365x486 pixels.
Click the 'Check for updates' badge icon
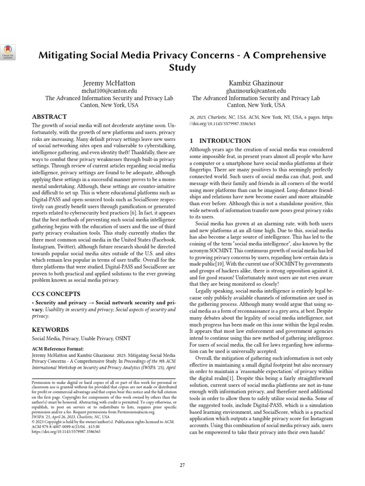[x=9, y=51]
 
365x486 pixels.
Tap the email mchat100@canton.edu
[x=109, y=90]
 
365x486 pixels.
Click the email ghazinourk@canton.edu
[x=256, y=90]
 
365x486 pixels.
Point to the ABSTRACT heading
[x=49, y=116]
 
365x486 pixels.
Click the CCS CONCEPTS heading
[x=56, y=294]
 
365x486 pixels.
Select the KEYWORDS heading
[x=50, y=329]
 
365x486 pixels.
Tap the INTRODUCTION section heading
[x=220, y=141]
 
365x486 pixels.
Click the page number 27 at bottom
[x=182, y=465]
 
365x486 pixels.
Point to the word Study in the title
[x=182, y=68]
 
